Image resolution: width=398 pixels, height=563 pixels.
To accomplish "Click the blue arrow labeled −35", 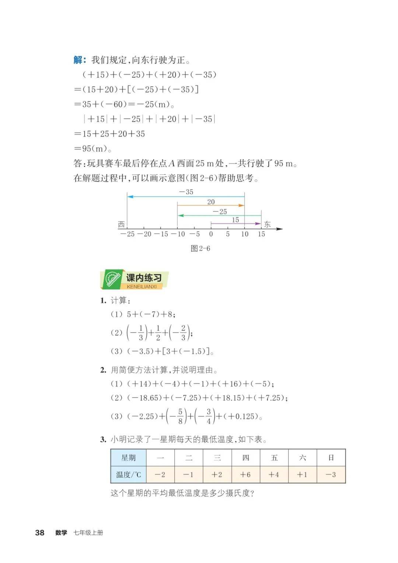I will click(186, 197).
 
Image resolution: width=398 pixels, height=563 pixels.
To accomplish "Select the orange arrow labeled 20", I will click(211, 206).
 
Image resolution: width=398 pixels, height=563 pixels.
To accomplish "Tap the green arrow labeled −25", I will click(219, 216).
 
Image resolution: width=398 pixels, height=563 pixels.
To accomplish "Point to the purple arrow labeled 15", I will click(235, 224).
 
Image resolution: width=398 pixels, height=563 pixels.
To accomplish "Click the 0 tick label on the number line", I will click(211, 234).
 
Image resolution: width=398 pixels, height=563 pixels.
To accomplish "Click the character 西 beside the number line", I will click(122, 224).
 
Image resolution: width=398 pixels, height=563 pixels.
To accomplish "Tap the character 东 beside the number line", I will click(268, 224).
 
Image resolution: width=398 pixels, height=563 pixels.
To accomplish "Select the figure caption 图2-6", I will click(200, 248).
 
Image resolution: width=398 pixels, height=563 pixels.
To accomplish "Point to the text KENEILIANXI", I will click(142, 287).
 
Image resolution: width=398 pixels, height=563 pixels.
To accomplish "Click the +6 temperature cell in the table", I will click(245, 475).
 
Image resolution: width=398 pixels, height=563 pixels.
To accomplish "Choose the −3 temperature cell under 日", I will click(331, 475).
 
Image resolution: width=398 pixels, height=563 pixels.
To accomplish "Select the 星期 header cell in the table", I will click(129, 458).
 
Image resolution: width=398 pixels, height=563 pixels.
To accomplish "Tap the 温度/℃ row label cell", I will click(129, 475).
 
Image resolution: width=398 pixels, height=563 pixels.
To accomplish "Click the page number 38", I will click(39, 533).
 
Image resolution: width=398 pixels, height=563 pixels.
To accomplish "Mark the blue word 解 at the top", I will click(78, 60).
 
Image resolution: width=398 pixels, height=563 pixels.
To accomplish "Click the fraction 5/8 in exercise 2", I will click(180, 416).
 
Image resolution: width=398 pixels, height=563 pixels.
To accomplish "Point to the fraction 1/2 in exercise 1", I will click(158, 333).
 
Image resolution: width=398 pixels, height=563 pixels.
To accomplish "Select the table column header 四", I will click(246, 458).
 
